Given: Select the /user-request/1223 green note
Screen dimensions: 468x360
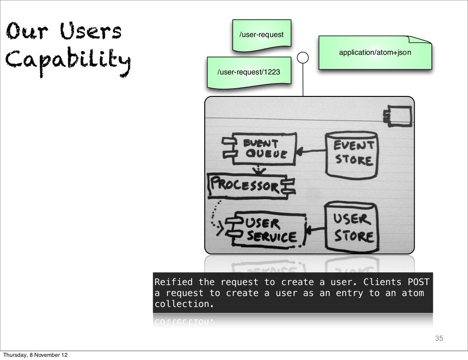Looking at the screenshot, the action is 249,72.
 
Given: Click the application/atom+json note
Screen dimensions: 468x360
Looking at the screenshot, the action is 375,53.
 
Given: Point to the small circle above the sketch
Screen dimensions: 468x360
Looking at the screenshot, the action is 303,58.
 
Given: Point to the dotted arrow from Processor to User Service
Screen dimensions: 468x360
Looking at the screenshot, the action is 214,215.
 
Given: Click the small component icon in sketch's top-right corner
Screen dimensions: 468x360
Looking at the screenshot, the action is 398,114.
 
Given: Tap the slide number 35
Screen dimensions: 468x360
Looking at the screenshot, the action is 439,339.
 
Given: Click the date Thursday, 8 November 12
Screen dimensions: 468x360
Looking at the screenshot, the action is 36,355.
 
